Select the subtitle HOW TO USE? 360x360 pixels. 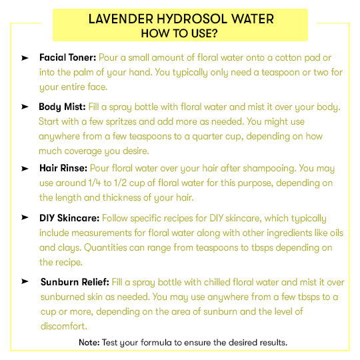coord(180,33)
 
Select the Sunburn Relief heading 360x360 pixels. coord(76,281)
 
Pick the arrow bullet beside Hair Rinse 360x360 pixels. coord(25,169)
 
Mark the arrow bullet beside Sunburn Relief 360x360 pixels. coord(25,282)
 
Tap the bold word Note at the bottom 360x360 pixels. coord(89,342)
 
